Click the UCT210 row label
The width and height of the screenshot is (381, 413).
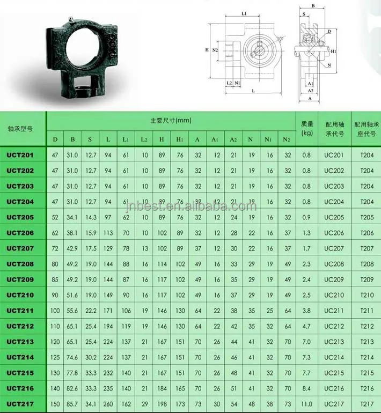click(x=20, y=295)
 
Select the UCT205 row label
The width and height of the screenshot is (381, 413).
click(x=20, y=217)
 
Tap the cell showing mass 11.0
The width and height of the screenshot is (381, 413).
click(x=306, y=404)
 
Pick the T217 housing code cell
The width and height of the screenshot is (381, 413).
click(x=367, y=404)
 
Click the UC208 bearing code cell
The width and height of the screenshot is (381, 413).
click(x=333, y=264)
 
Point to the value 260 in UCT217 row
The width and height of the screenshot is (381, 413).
click(x=108, y=404)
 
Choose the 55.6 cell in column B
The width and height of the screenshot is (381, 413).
click(x=72, y=311)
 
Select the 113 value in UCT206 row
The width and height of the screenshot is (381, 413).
click(x=108, y=233)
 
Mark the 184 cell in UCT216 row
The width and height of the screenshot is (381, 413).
click(x=162, y=388)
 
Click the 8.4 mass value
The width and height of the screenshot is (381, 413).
click(x=306, y=388)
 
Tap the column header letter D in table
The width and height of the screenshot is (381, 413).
click(x=55, y=140)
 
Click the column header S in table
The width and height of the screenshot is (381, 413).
click(x=90, y=140)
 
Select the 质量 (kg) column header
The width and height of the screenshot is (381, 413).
click(x=307, y=128)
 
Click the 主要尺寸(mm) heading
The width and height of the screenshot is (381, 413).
click(x=171, y=120)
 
